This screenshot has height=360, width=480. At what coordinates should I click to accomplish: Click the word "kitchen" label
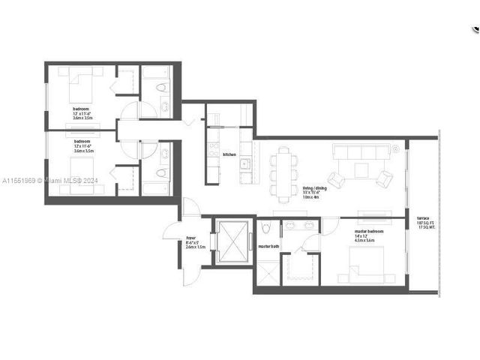[229, 154]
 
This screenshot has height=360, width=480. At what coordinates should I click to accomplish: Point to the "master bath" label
[268, 246]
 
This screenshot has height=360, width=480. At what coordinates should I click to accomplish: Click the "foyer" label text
[192, 238]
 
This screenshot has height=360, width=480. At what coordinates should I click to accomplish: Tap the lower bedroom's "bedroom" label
[82, 141]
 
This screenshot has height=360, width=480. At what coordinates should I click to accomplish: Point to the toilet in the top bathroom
[163, 88]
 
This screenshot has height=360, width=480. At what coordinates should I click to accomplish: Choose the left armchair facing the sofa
[337, 179]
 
